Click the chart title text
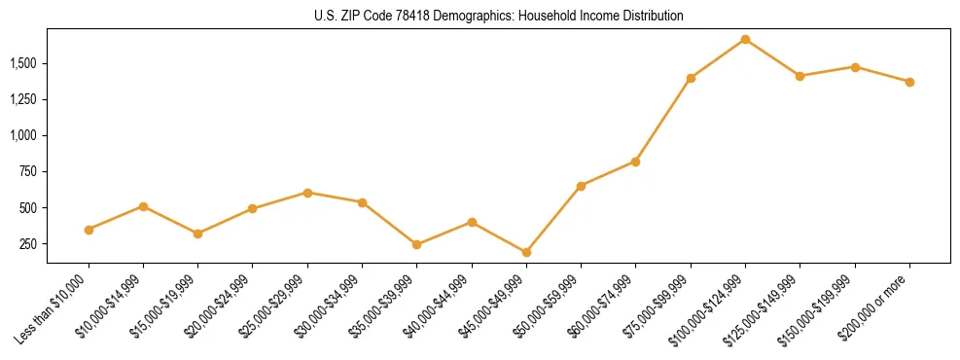pos(499,16)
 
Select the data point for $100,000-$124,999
pos(745,39)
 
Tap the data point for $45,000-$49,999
pos(526,252)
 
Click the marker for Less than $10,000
pos(89,230)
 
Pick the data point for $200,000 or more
pos(909,82)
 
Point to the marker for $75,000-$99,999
pos(691,78)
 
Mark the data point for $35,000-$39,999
pos(417,244)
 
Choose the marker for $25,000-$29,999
pos(307,193)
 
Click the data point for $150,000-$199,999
pos(855,67)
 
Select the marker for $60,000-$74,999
pos(635,162)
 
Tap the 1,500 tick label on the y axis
pos(23,63)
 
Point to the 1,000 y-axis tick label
pos(23,135)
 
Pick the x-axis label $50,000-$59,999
pos(550,306)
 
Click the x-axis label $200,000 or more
pos(877,307)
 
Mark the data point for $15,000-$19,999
pos(197,234)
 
